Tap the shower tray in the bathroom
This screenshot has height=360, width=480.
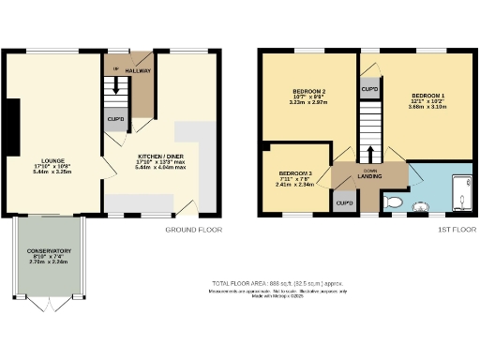[x=461, y=192]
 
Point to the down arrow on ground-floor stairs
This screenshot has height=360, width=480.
[x=116, y=84]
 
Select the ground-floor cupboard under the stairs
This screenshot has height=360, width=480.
[x=116, y=121]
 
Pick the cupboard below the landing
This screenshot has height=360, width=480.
[x=344, y=203]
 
